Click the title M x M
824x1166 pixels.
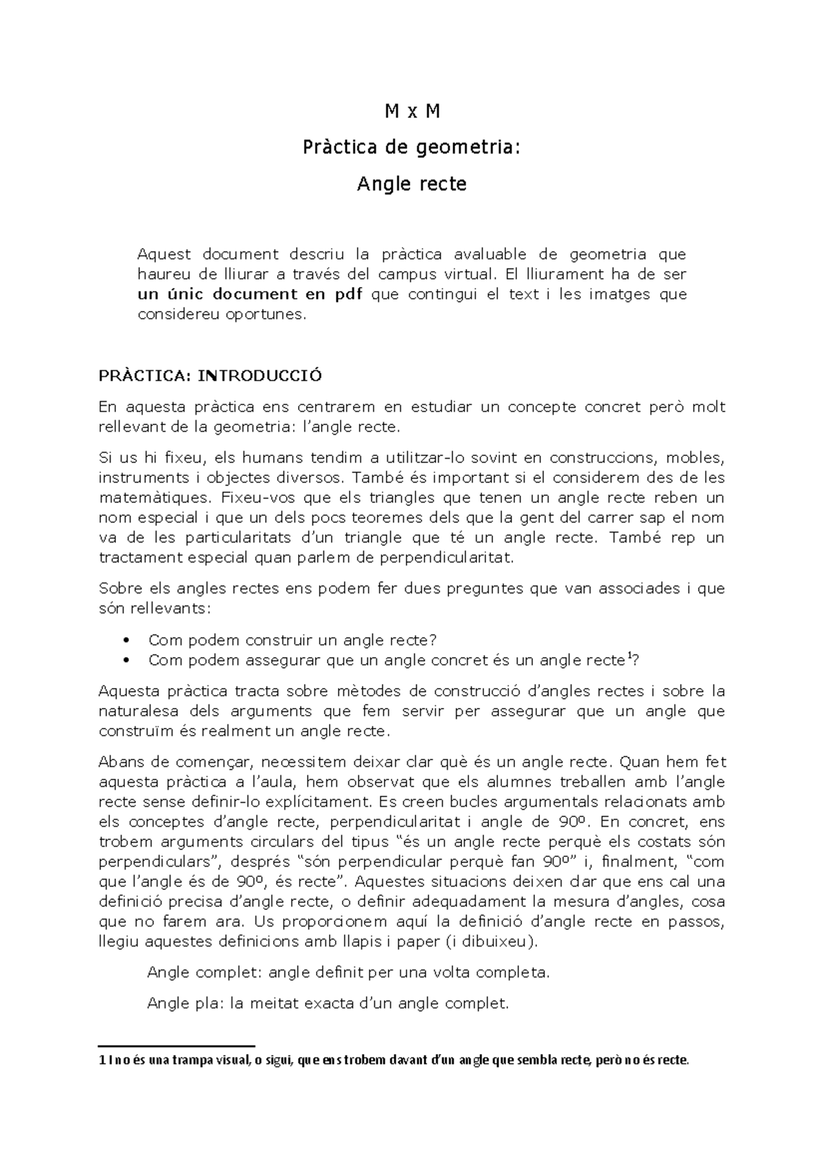(x=412, y=111)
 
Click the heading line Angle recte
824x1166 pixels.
(x=412, y=184)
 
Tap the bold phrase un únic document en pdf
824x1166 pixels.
(x=250, y=295)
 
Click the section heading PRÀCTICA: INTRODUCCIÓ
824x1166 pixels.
(x=210, y=376)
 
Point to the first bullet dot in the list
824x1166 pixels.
(x=125, y=641)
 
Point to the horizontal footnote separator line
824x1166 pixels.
(x=176, y=1044)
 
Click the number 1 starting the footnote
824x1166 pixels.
(x=102, y=1061)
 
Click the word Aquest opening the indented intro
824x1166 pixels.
(x=164, y=255)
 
